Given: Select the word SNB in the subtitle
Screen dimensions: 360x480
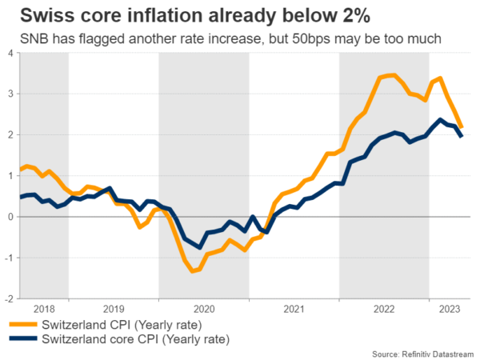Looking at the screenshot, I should pyautogui.click(x=25, y=38).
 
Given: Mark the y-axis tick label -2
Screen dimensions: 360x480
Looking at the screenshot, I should pyautogui.click(x=7, y=298).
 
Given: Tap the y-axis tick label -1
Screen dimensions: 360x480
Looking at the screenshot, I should pyautogui.click(x=7, y=257).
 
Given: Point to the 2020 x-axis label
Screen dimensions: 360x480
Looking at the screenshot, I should pyautogui.click(x=203, y=308).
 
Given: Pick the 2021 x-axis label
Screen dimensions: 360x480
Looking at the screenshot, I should pyautogui.click(x=294, y=308).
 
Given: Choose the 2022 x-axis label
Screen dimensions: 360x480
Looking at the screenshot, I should pyautogui.click(x=384, y=308).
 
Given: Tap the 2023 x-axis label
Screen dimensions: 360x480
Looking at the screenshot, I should pyautogui.click(x=450, y=308).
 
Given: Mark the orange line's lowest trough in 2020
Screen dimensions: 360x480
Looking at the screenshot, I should pyautogui.click(x=193, y=271).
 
